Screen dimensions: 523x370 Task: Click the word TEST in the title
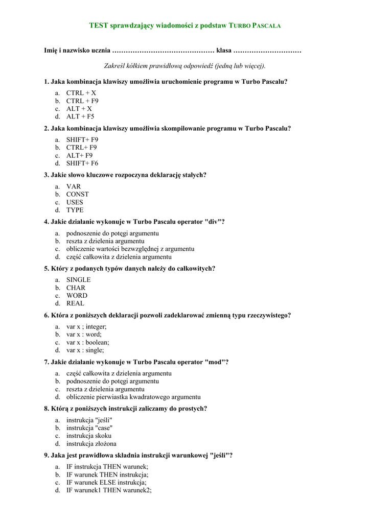click(99, 25)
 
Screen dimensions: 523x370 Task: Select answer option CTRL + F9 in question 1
click(82, 101)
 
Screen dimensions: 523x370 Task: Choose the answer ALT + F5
click(80, 116)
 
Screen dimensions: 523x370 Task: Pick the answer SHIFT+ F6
click(82, 163)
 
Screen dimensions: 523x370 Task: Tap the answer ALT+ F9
click(79, 155)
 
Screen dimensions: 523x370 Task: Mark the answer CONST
click(77, 194)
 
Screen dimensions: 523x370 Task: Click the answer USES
click(75, 202)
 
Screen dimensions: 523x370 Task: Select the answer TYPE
click(75, 210)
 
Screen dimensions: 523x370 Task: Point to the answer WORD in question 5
click(77, 295)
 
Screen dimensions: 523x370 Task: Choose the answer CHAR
click(76, 288)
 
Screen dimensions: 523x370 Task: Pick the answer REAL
click(75, 303)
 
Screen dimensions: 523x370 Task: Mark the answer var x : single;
click(85, 350)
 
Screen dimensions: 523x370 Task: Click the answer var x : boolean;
click(87, 342)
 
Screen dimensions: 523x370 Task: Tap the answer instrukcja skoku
click(88, 436)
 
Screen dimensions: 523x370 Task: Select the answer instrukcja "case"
click(89, 428)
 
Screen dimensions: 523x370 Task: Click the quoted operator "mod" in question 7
click(215, 362)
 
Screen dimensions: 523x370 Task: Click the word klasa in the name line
click(224, 51)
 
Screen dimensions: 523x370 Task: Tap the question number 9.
click(47, 456)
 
